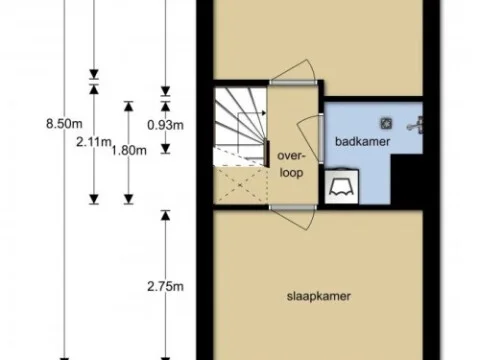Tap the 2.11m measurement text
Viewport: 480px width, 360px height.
point(94,141)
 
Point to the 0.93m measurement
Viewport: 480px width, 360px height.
point(166,125)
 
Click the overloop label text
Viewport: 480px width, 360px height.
point(290,163)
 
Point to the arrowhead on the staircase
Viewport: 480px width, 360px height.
point(262,114)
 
